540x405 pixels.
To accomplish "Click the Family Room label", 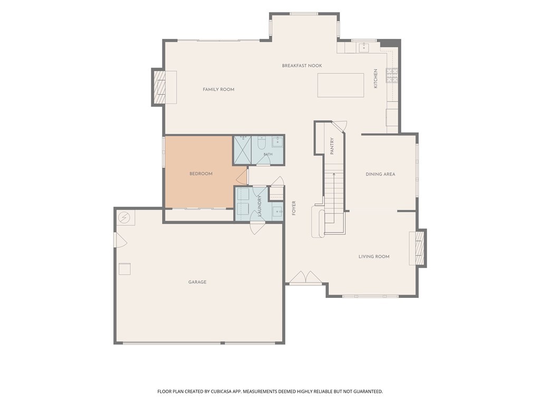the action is [218, 90].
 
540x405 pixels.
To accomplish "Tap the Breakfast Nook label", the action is [302, 66].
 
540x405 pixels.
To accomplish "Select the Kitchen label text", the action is [375, 79].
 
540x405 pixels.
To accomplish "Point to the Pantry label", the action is [332, 146].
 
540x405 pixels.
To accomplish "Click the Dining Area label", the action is [380, 174].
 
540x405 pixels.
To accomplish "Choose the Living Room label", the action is [374, 257].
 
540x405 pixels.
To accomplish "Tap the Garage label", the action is [197, 282].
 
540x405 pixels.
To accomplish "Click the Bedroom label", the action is [201, 174].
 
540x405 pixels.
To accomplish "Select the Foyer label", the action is [294, 208].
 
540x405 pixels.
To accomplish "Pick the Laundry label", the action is [259, 206].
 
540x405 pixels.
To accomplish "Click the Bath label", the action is [268, 155].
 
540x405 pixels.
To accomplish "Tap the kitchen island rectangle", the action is [341, 85].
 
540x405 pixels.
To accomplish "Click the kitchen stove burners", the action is [392, 75].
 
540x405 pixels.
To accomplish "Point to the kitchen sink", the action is [364, 47].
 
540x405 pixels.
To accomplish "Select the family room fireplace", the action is [164, 87].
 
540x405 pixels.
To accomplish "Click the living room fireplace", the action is [418, 248].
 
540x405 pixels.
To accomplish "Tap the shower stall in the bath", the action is [243, 150].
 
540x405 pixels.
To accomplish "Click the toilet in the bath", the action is [262, 142].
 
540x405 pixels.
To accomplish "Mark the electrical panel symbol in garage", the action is [123, 218].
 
